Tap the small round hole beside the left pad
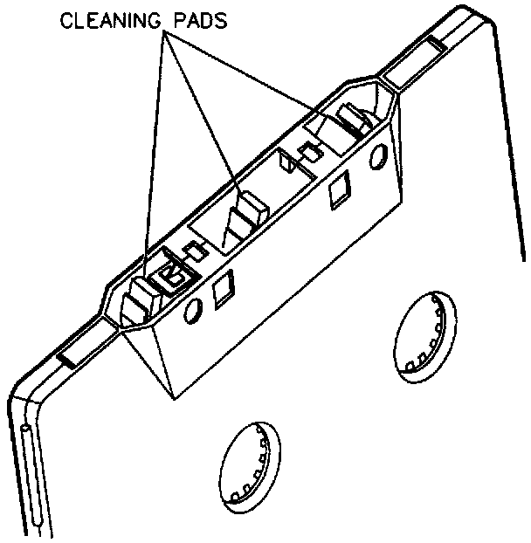click(x=193, y=308)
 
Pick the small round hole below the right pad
click(x=379, y=156)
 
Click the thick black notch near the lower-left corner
click(x=68, y=359)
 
